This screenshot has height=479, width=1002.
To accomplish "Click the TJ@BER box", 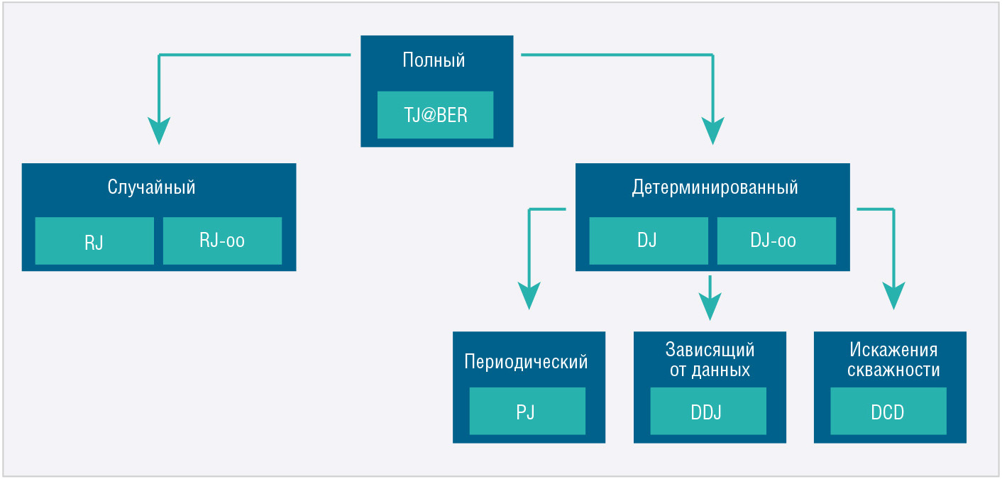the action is tap(435, 115).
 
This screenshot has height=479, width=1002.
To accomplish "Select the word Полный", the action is tap(434, 60).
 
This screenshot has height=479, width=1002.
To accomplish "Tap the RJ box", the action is tap(94, 241).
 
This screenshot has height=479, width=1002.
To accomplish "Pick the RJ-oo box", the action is tap(222, 241).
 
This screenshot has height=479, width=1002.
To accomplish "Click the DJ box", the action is tap(649, 241).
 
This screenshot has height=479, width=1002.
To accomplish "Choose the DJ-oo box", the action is tap(776, 241).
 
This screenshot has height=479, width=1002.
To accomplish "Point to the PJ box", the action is tap(527, 411).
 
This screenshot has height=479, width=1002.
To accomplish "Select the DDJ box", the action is tap(708, 411).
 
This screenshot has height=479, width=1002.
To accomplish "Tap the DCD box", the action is tap(888, 411).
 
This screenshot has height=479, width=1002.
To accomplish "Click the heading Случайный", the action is tap(151, 187).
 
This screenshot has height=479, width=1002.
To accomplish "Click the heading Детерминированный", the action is tap(715, 187).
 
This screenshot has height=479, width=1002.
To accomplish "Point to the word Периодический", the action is tap(526, 361).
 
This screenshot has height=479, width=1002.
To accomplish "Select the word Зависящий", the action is tap(710, 349).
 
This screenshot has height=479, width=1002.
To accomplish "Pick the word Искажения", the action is tap(893, 349).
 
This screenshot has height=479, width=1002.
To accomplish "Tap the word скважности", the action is tap(893, 370).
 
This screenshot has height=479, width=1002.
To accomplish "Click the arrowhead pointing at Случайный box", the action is tap(159, 130).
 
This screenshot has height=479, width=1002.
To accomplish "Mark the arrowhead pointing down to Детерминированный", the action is tap(712, 130).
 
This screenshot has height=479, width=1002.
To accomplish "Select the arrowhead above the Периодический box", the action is tap(529, 294).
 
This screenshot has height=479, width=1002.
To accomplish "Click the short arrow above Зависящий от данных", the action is tap(710, 298).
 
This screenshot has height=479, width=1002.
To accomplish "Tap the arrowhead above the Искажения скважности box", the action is tap(893, 294).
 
